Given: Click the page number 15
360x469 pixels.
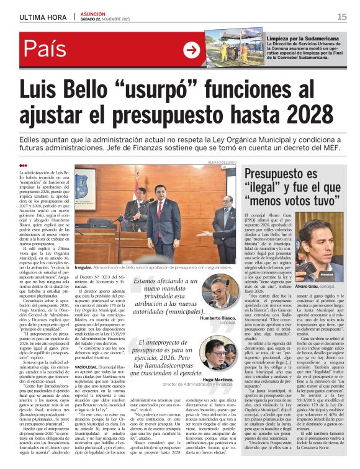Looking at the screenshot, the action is click(342, 17).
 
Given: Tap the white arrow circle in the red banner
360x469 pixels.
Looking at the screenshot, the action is click(191, 50).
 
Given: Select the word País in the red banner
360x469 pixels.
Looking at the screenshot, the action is click(47, 50).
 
